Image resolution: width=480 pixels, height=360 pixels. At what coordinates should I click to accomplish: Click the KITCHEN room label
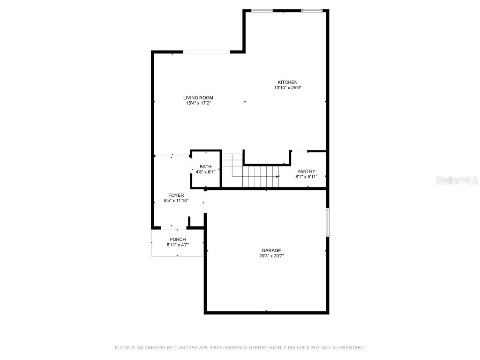click(x=287, y=82)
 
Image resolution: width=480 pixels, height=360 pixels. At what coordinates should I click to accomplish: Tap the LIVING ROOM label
click(x=198, y=98)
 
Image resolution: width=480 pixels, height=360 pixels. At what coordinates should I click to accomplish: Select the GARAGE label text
click(x=271, y=250)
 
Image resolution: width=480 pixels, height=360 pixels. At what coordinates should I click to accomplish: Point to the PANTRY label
click(x=306, y=172)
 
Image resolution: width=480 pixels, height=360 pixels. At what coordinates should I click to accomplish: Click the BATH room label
click(x=205, y=167)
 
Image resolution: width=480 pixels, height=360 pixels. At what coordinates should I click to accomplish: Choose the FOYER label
click(x=176, y=195)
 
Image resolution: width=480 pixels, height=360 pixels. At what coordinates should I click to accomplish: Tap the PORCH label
click(x=178, y=240)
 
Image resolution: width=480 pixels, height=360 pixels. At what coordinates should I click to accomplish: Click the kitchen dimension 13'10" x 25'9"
click(x=287, y=88)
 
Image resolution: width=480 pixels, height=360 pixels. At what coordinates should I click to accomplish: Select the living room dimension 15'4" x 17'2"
click(x=198, y=103)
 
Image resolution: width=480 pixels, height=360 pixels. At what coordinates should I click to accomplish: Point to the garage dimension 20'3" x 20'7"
click(x=271, y=255)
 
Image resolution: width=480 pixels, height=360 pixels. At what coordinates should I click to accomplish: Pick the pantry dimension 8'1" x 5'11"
click(x=306, y=177)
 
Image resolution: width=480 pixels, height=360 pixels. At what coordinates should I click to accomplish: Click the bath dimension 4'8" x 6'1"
click(x=205, y=172)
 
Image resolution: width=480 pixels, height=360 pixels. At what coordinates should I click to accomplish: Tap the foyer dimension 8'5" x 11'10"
click(x=176, y=201)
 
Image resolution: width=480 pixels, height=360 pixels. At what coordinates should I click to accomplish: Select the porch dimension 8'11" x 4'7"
click(x=178, y=245)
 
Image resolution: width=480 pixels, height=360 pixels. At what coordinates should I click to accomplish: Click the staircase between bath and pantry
click(x=253, y=175)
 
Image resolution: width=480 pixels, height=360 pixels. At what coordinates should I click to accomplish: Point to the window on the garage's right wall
click(x=328, y=222)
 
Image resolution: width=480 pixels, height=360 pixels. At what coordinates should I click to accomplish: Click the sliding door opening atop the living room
click(x=206, y=52)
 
